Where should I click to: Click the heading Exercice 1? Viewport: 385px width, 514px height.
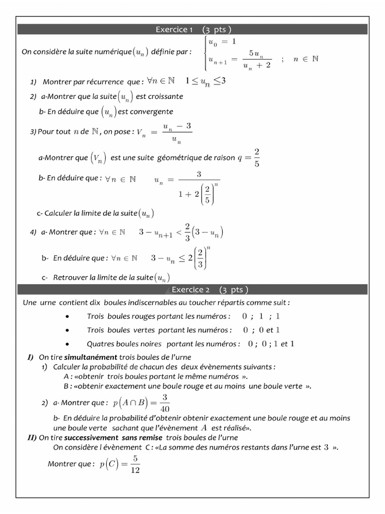tap(174, 30)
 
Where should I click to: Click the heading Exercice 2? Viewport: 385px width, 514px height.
tap(190, 290)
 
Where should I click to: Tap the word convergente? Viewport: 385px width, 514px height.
tap(151, 111)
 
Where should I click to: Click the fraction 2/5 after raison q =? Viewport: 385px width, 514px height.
tap(256, 157)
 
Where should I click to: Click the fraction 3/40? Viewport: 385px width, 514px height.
tap(165, 403)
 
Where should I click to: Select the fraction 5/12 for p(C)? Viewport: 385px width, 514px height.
tap(135, 464)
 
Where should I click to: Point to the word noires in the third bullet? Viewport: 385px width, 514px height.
tap(151, 344)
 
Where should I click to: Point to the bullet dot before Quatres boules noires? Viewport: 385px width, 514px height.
tap(67, 344)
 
